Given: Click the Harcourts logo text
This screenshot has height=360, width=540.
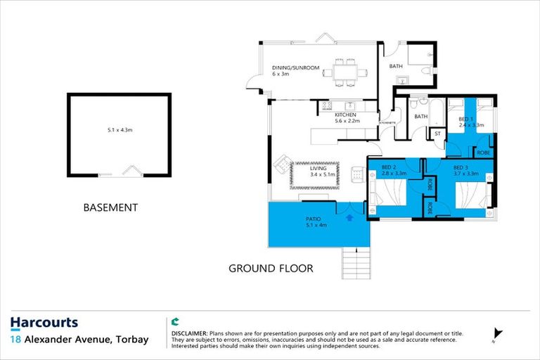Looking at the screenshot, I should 44,323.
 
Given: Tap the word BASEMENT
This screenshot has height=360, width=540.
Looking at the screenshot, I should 110,208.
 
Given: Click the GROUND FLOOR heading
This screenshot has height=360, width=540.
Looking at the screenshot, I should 271,269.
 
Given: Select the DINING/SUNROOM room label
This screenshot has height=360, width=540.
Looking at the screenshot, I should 296,68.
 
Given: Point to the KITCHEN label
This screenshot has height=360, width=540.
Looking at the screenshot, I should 345,115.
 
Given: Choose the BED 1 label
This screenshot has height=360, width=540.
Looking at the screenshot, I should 465,120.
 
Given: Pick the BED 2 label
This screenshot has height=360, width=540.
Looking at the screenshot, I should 390,167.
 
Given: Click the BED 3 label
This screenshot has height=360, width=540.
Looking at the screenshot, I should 461,167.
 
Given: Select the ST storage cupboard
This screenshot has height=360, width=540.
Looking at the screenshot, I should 437,134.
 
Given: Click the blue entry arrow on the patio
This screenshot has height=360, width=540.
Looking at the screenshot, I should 350,218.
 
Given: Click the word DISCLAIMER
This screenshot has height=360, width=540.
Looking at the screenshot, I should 190,332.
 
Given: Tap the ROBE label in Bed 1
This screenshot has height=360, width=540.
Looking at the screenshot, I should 483,153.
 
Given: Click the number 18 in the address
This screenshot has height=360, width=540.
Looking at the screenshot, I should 15,340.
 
